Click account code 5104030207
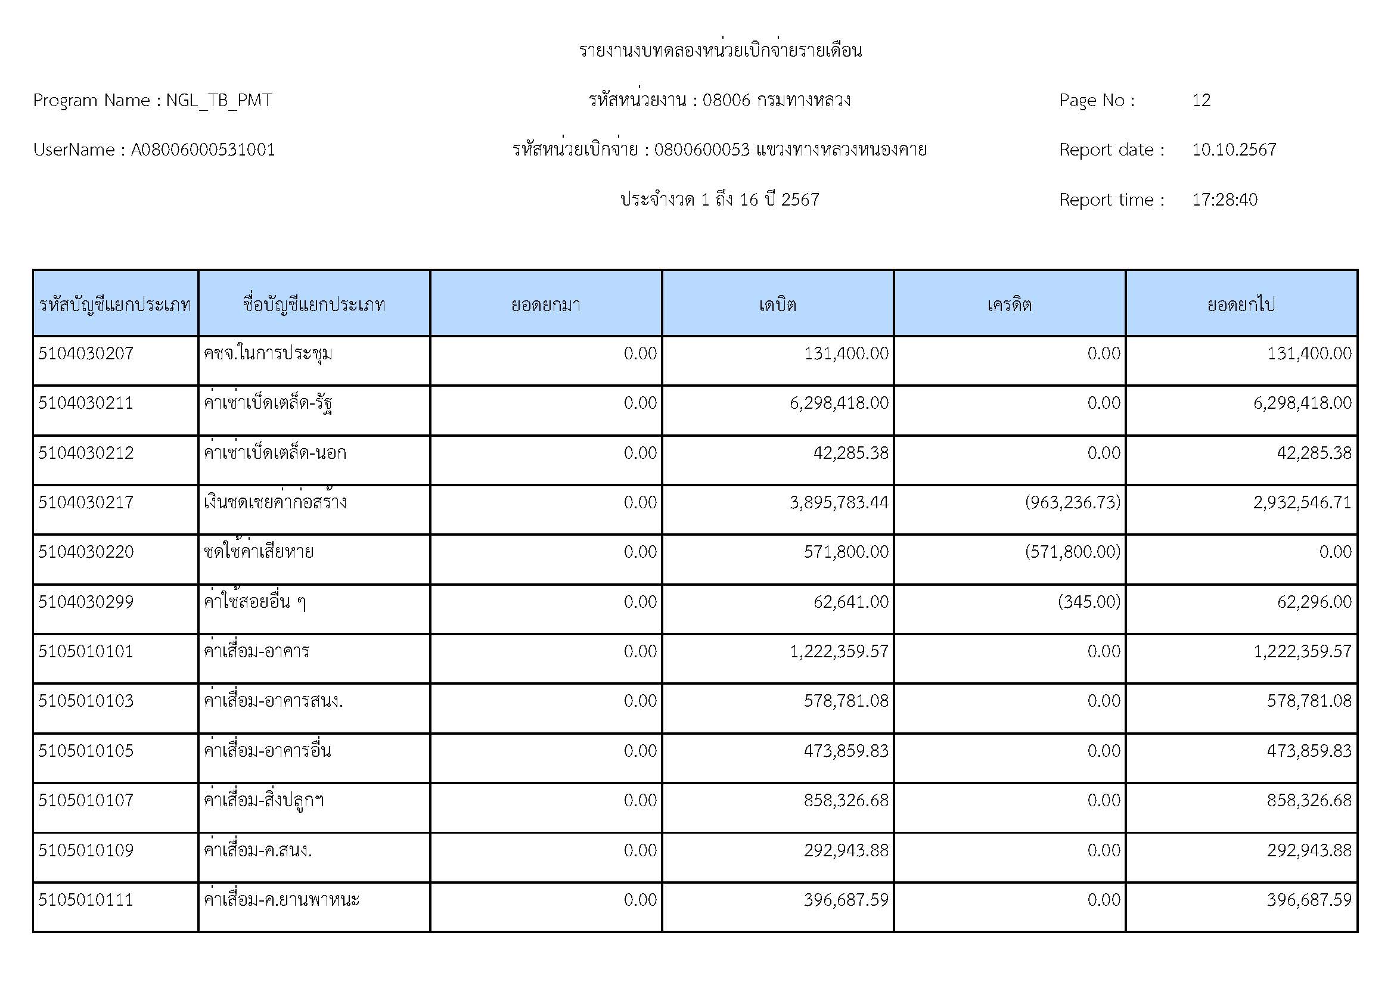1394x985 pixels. pos(86,353)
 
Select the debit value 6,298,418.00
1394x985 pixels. pos(839,403)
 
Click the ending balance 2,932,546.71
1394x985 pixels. pos(1302,502)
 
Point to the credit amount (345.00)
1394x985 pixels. pos(1089,602)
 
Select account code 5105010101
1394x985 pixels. pos(86,651)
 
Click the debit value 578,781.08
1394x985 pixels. pos(846,701)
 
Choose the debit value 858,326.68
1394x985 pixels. pos(846,800)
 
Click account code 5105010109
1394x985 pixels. pos(86,850)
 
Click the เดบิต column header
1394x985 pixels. pos(777,304)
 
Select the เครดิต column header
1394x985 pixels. pos(1009,304)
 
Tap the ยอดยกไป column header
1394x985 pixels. pos(1241,304)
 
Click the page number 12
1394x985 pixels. pos(1201,100)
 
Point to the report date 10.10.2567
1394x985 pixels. pos(1234,150)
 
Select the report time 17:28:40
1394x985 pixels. pos(1224,200)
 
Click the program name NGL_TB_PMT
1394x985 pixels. pos(219,100)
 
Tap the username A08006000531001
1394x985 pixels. pos(203,150)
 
